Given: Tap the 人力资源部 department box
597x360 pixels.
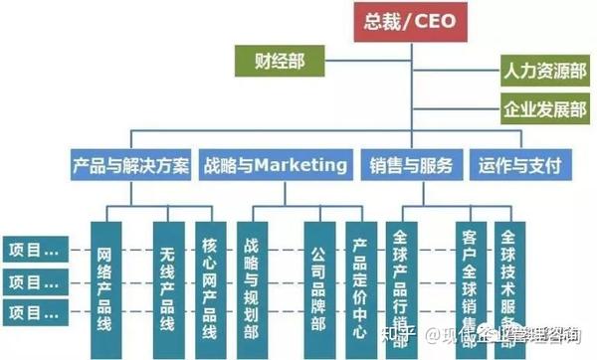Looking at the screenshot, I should tap(543, 71).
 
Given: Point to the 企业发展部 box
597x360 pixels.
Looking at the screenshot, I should tap(543, 110).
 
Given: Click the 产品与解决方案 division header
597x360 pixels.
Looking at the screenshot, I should tap(130, 164).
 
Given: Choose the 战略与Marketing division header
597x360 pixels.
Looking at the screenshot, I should tap(276, 164).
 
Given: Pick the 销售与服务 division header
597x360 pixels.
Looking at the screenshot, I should tap(411, 164).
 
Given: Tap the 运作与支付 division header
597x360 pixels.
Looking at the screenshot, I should tap(518, 164).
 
